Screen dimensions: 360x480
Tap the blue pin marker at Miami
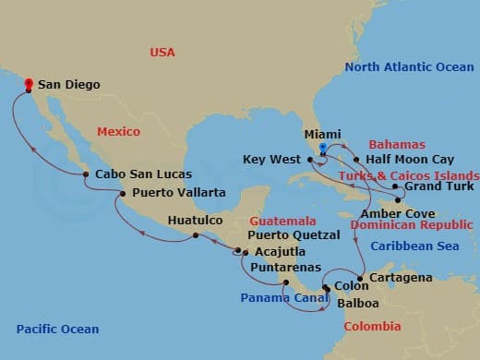point(322,148)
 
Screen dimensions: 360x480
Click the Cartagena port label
point(400,277)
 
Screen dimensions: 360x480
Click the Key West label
point(272,160)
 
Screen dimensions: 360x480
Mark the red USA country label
point(162,53)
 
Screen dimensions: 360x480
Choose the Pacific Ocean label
point(57,330)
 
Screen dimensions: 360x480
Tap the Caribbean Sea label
point(414,246)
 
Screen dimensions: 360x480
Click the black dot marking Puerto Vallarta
point(123,193)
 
